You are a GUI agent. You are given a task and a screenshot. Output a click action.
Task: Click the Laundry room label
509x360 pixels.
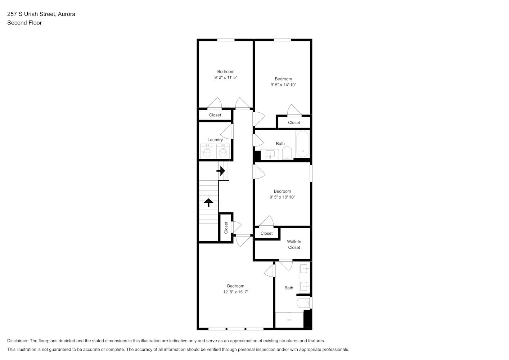(215, 140)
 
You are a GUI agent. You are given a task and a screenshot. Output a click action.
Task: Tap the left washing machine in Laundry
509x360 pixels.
(207, 151)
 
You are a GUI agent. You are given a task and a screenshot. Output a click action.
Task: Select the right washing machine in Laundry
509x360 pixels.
(223, 151)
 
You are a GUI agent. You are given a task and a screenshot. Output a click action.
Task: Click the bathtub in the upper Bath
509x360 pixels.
(303, 144)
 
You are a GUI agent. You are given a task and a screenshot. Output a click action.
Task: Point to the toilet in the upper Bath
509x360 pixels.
(287, 153)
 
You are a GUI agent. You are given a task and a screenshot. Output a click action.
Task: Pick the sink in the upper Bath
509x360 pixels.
(270, 154)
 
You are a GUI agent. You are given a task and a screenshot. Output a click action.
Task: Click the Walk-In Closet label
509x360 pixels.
(294, 244)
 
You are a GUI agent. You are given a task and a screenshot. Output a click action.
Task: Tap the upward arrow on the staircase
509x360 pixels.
(208, 202)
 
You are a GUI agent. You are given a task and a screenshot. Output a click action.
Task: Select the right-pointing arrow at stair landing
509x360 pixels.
(221, 171)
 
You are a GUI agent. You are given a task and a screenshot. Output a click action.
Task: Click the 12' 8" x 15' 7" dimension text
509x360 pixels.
(236, 292)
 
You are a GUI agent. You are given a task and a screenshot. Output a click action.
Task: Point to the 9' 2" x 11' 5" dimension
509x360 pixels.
(226, 77)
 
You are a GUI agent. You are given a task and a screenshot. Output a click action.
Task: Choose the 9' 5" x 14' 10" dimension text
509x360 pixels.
(283, 85)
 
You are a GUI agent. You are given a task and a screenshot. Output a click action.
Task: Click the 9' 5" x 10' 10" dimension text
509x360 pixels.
(283, 197)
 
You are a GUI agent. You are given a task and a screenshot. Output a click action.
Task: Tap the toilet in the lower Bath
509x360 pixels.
(303, 303)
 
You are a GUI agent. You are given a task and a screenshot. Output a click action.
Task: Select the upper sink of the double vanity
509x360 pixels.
(304, 269)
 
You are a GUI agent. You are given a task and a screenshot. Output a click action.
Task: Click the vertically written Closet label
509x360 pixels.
(226, 228)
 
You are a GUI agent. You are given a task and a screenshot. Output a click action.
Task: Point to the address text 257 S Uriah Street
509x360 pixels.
(31, 14)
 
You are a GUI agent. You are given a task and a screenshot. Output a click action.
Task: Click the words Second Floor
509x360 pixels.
(24, 23)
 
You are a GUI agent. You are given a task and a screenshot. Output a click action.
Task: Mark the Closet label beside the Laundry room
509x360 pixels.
(215, 115)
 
